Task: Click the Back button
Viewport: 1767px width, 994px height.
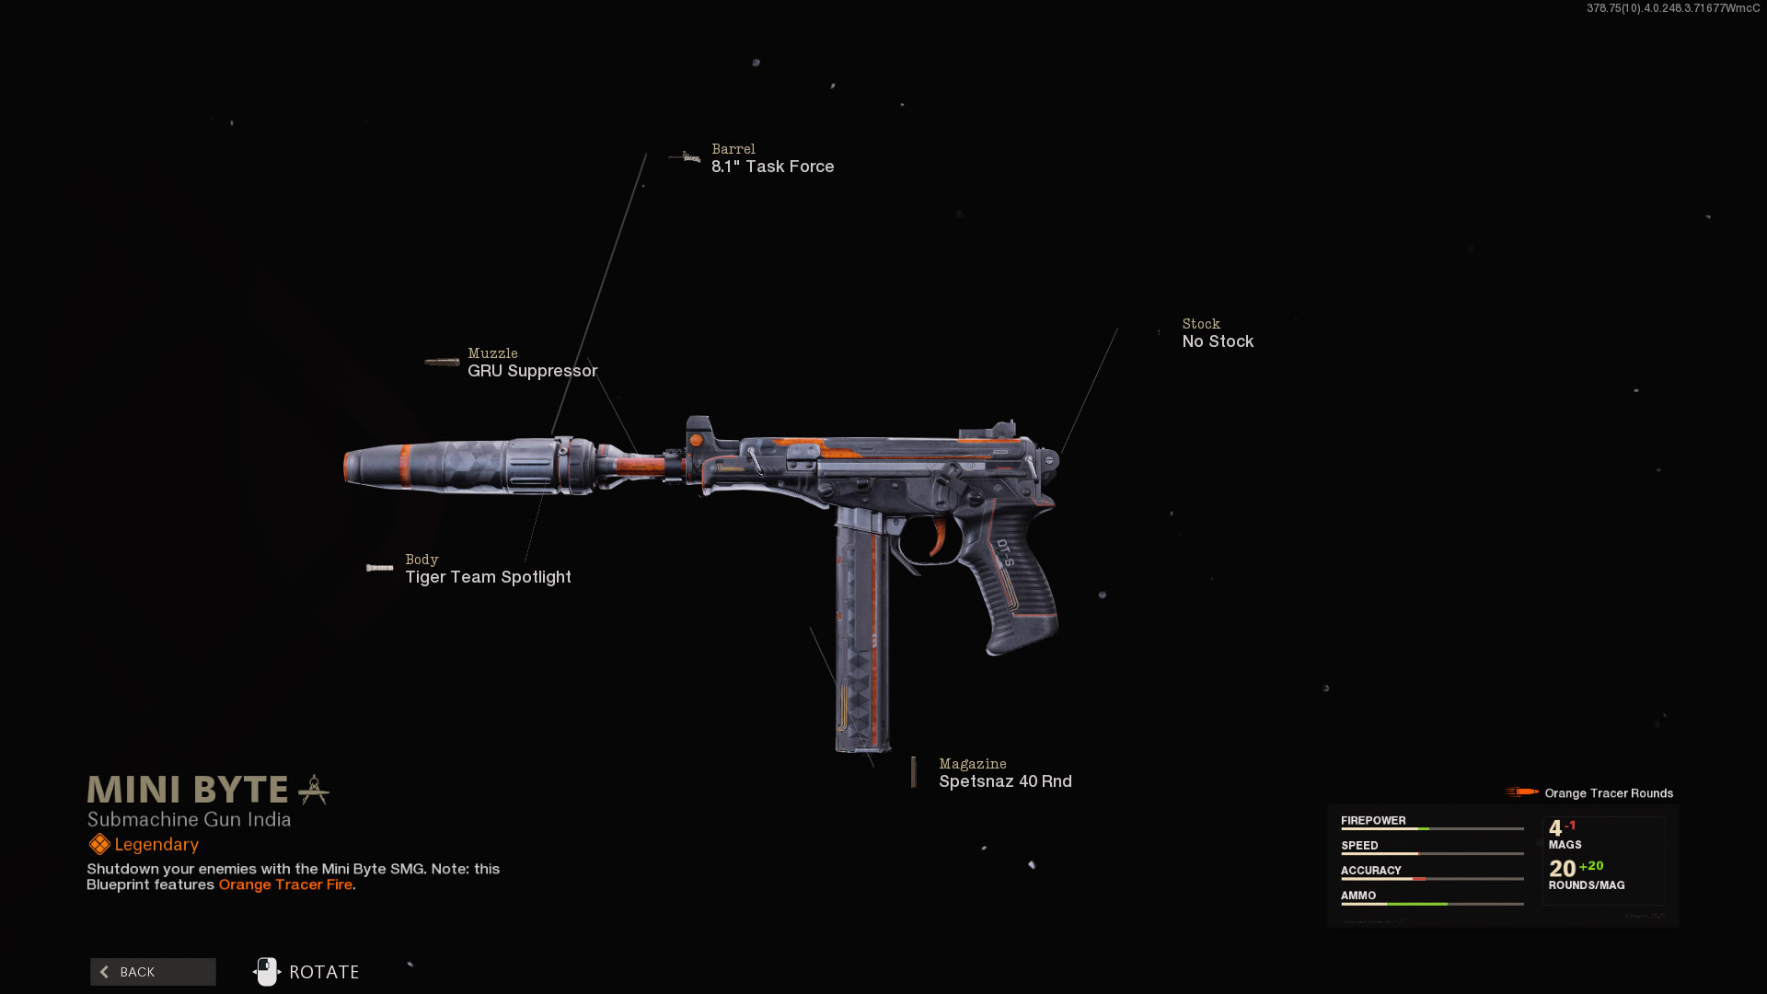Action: [x=153, y=972]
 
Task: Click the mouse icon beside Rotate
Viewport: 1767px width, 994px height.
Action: [x=266, y=971]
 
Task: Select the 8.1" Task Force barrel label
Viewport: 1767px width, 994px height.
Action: [x=772, y=167]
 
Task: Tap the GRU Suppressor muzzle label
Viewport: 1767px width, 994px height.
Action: [x=532, y=371]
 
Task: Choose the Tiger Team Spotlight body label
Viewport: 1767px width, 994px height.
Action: [x=488, y=577]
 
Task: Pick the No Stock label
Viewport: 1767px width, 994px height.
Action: [x=1218, y=341]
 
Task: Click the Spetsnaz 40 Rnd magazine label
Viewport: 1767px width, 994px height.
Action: [x=1005, y=781]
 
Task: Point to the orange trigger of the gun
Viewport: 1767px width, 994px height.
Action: [x=940, y=537]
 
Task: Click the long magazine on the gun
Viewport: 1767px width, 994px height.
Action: [x=862, y=635]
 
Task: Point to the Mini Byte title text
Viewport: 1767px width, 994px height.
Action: [x=188, y=790]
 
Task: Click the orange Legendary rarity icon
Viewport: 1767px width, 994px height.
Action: [x=99, y=844]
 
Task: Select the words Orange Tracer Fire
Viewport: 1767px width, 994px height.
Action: [x=285, y=884]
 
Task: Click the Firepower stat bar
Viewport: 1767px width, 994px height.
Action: [x=1432, y=829]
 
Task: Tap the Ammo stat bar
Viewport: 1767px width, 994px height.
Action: [x=1432, y=904]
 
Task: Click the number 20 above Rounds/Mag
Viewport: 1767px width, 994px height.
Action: [x=1562, y=869]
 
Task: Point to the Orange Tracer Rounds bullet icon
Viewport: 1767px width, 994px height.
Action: [x=1522, y=792]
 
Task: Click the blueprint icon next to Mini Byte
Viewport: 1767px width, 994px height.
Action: [x=314, y=790]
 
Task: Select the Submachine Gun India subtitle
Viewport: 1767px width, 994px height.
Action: [x=189, y=819]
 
